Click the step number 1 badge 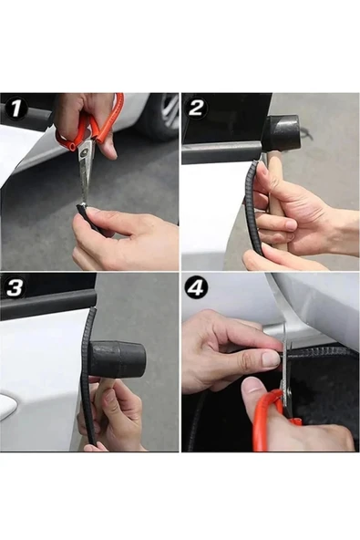[x=15, y=109]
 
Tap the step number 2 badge [x=197, y=108]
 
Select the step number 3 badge [x=15, y=286]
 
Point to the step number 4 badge [x=196, y=288]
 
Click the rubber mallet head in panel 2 [x=281, y=134]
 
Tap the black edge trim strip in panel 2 [x=254, y=207]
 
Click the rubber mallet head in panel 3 [x=118, y=358]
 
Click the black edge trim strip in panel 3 [x=87, y=377]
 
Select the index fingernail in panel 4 [x=271, y=358]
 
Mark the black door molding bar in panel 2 [x=222, y=154]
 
